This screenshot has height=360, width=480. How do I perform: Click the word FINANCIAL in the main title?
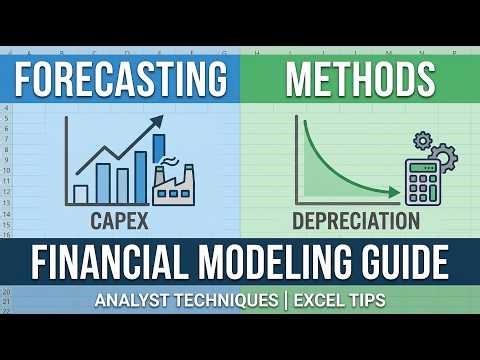click(x=114, y=264)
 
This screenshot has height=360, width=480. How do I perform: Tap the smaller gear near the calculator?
click(x=422, y=141)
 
